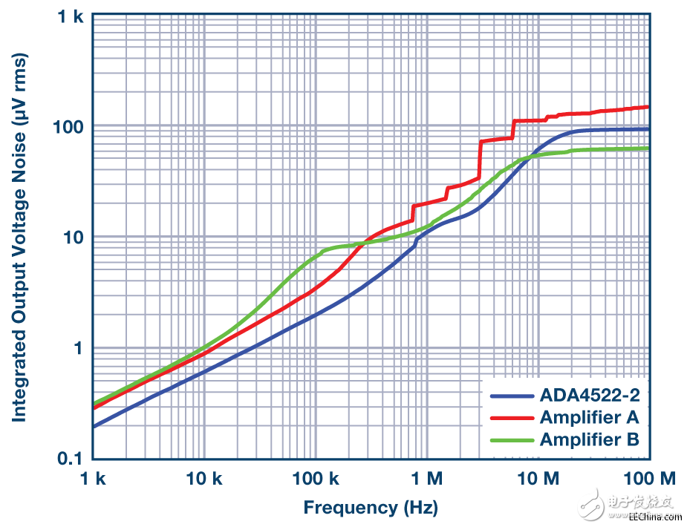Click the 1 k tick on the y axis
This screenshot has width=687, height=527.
click(x=69, y=16)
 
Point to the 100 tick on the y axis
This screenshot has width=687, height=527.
click(x=69, y=126)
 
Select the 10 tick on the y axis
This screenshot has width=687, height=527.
click(x=74, y=238)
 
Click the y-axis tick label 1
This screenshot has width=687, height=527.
click(x=77, y=348)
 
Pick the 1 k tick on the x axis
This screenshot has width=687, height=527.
click(x=94, y=479)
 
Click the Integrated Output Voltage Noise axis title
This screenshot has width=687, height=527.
click(x=19, y=237)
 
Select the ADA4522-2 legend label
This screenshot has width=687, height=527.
click(x=590, y=395)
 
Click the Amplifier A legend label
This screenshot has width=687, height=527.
click(x=590, y=416)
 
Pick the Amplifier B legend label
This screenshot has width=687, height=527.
click(x=590, y=439)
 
